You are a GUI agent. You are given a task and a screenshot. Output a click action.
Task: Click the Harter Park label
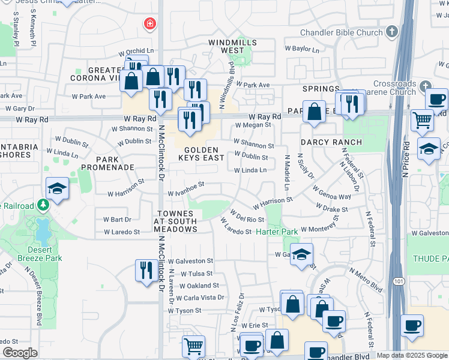tap(277, 232)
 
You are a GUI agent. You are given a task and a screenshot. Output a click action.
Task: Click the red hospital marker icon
tap(148, 24)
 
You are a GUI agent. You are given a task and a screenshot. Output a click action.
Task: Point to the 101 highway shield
tap(399, 281)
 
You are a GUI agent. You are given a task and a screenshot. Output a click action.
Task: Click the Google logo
tap(20, 353)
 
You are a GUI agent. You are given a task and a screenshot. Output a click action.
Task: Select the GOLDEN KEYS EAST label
tap(196, 154)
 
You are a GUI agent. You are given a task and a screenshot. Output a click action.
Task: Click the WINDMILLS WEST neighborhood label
tap(232, 47)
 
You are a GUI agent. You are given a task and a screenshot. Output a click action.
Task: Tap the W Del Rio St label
tap(247, 215)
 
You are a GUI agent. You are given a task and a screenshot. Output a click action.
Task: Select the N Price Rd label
tap(406, 159)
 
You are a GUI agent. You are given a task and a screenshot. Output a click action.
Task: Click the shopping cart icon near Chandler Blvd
tap(193, 346)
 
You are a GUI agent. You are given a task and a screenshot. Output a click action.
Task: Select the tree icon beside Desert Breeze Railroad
tap(43, 206)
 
